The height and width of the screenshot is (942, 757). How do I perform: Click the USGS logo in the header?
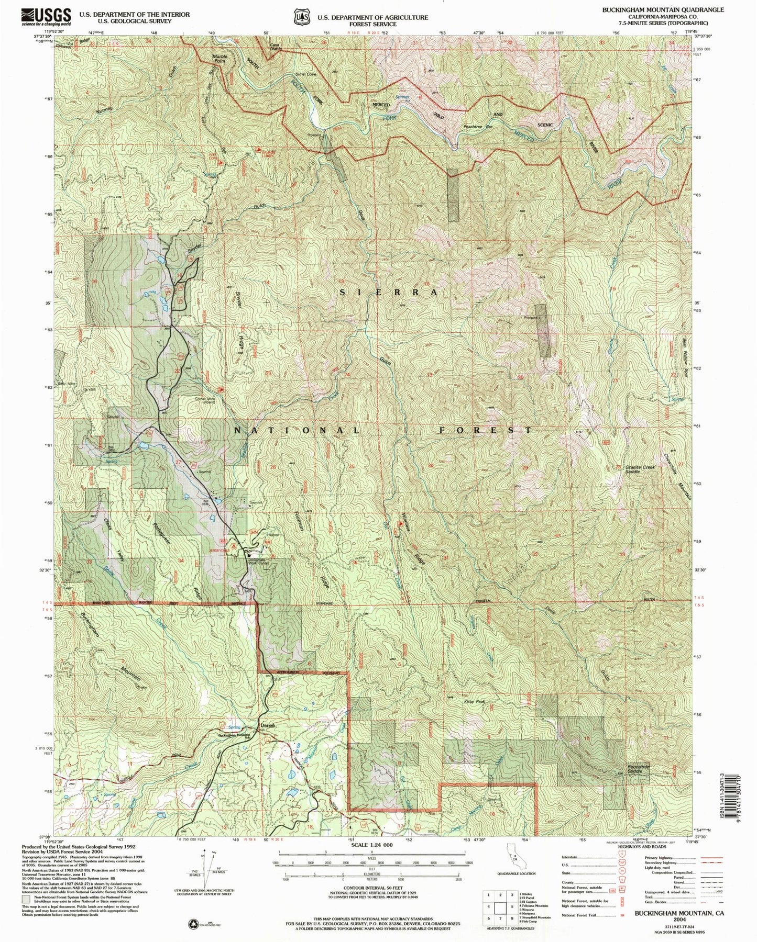point(46,17)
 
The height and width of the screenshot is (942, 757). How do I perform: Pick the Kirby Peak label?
point(475,702)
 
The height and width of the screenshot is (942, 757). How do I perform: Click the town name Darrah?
point(268,725)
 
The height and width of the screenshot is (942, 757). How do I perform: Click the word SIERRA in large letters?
point(388,293)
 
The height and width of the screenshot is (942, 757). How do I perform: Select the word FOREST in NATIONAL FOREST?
point(485,430)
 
